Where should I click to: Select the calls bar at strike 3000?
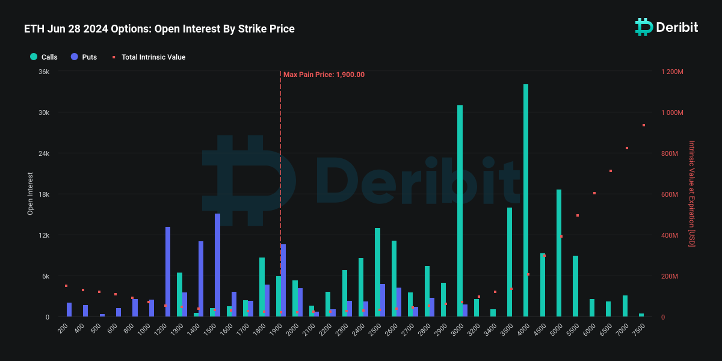pos(460,211)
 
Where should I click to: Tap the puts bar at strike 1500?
pos(217,265)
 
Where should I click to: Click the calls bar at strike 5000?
pos(559,253)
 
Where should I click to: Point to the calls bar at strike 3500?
pos(510,262)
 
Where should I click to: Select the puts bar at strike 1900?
pos(283,280)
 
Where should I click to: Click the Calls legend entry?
pos(44,57)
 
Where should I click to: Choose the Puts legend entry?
pos(84,57)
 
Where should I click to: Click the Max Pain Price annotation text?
pos(324,75)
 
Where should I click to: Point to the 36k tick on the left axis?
pos(44,72)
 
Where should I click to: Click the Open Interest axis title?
pos(30,194)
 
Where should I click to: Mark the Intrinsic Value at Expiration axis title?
pos(691,194)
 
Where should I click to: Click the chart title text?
pos(159,29)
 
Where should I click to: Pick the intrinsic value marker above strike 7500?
pos(644,125)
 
